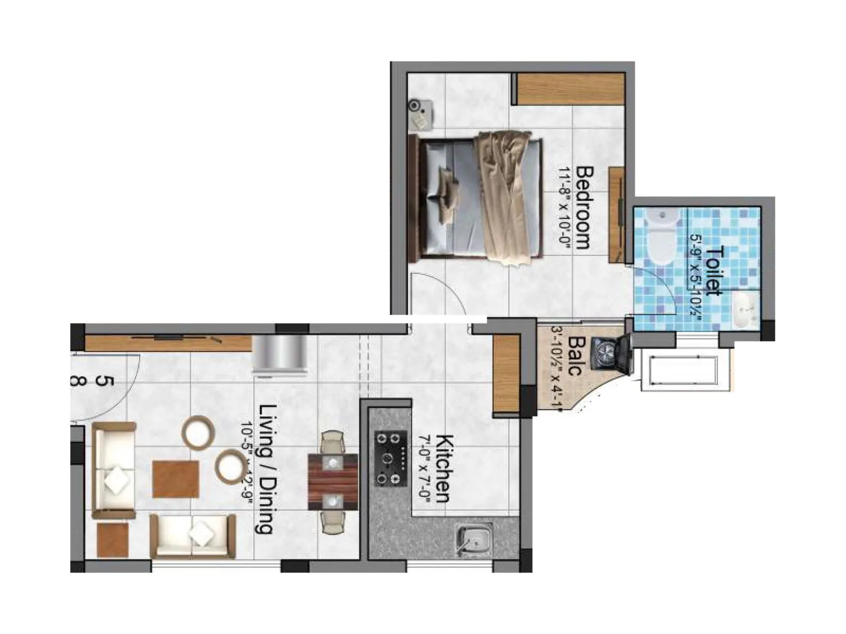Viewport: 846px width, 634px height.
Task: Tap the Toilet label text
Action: [x=714, y=269]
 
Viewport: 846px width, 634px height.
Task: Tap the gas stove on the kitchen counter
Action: [x=391, y=458]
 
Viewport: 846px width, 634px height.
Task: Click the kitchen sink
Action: [x=474, y=540]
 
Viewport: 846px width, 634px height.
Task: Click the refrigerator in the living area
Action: [x=280, y=355]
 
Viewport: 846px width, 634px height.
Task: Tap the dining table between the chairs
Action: [x=333, y=481]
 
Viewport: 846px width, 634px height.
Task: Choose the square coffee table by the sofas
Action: [x=176, y=479]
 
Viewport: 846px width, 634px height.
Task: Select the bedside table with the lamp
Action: [x=421, y=114]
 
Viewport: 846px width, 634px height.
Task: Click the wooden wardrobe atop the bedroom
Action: [x=570, y=89]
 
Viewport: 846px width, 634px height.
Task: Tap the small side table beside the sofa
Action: [x=113, y=539]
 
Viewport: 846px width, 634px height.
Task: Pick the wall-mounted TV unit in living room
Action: [x=168, y=343]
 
